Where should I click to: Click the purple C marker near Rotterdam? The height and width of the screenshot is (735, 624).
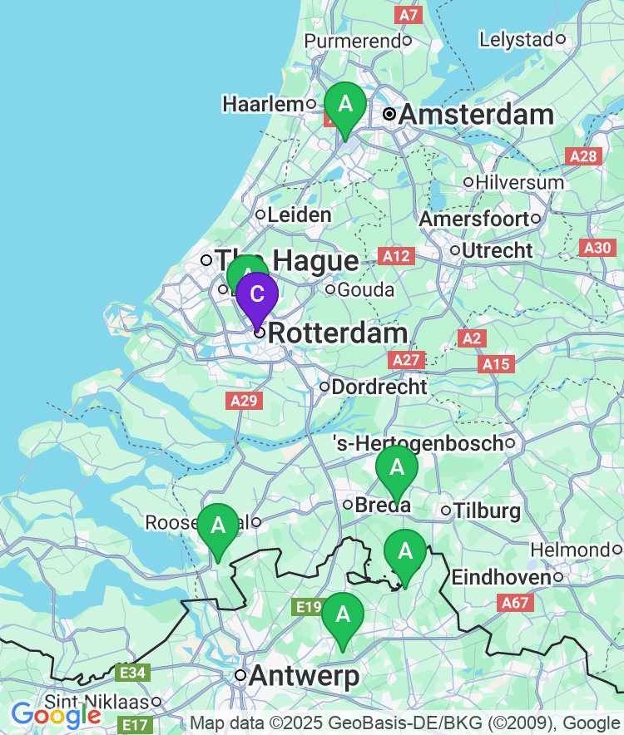pos(257,294)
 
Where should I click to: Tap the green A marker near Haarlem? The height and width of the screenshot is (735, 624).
pos(344,105)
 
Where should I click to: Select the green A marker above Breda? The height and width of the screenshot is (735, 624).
pos(397,468)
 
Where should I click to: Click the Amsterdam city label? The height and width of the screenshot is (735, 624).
pos(476,114)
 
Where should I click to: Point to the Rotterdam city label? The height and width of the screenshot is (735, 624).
pos(339,333)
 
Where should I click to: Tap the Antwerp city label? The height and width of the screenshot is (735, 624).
pos(304,675)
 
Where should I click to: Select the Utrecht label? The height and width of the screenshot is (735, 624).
pos(497,249)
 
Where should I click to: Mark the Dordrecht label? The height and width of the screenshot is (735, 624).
pos(379,387)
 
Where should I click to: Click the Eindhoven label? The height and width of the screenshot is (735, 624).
pos(500,577)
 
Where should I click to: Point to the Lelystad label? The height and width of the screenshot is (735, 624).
pos(516,39)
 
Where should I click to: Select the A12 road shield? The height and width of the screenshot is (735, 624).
pos(394,256)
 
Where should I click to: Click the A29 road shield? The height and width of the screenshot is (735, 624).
pos(245,401)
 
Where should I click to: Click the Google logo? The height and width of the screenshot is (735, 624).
pos(56,713)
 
